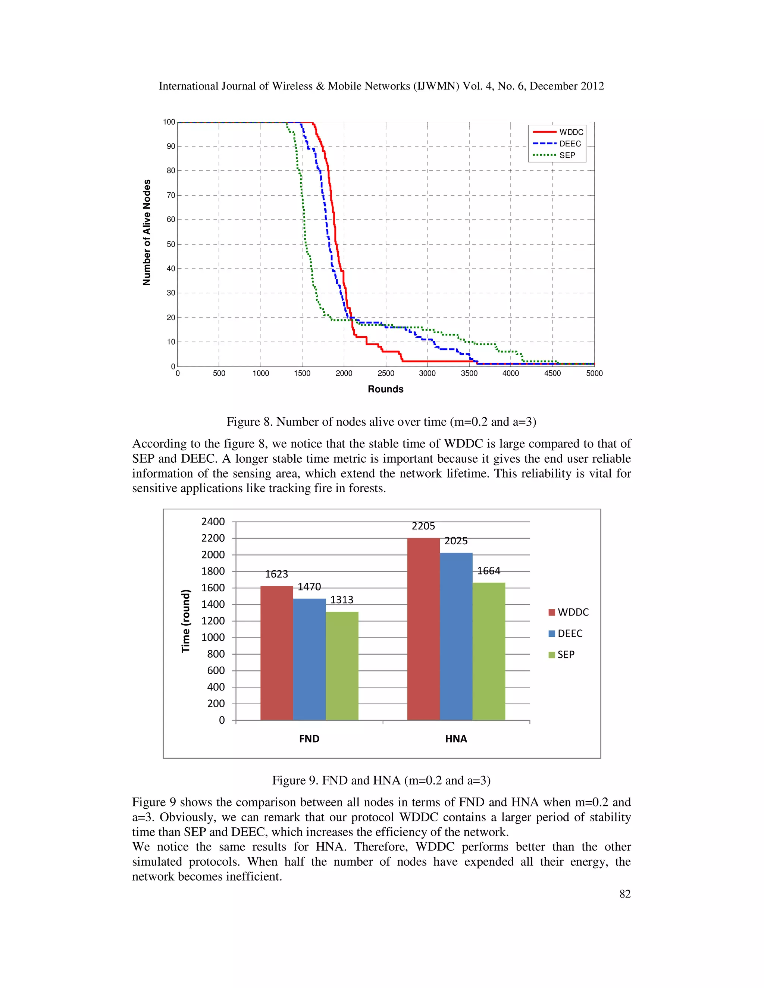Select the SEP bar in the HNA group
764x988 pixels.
pos(488,651)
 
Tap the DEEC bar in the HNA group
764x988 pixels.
pos(456,636)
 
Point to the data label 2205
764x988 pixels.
pos(423,526)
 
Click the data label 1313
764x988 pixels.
pos(342,600)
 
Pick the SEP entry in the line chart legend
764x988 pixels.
pos(567,155)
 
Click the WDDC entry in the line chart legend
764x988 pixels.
pos(571,132)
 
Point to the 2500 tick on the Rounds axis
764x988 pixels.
pos(386,373)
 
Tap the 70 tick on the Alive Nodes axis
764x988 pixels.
pos(170,195)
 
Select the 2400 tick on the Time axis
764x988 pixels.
pos(213,522)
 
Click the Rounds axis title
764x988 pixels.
pos(385,389)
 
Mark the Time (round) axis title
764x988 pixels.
pos(185,621)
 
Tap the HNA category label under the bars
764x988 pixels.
pos(456,739)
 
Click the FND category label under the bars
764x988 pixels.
pos(309,739)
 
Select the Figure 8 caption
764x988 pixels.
pos(381,422)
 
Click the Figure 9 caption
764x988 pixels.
pos(381,780)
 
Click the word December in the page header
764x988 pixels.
pos(550,86)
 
